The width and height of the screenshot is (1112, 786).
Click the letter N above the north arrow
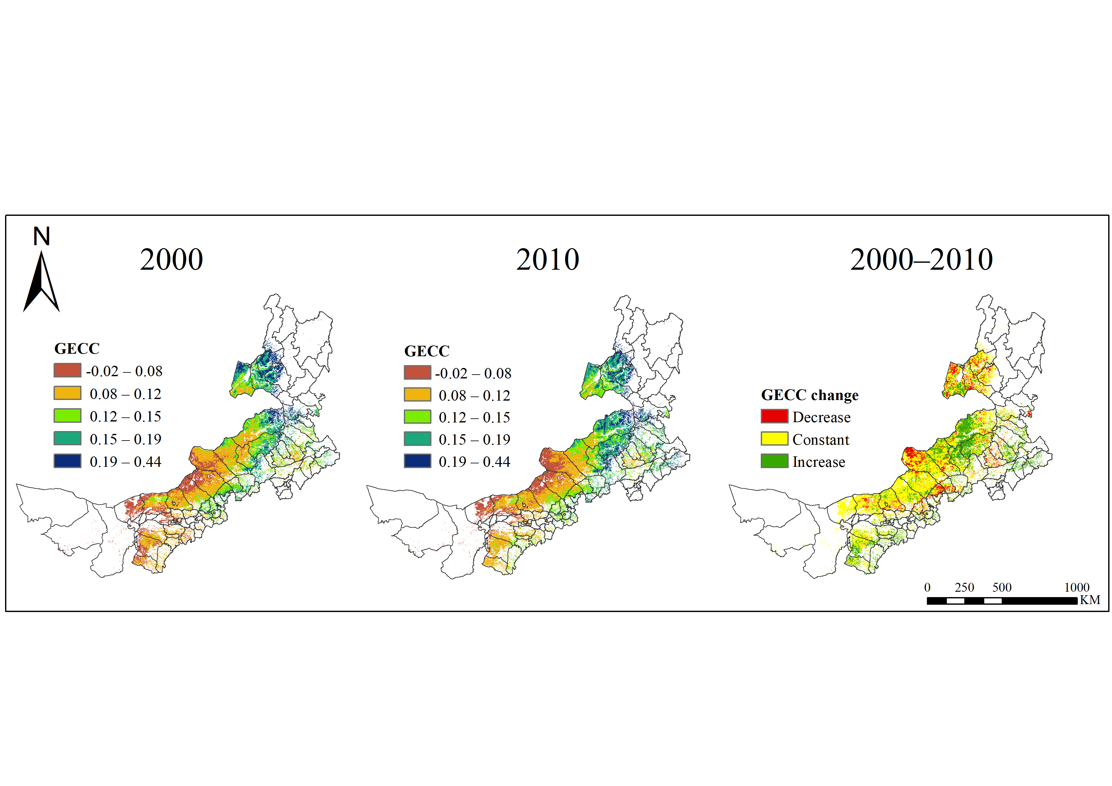42,236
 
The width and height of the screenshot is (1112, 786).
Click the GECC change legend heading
809,395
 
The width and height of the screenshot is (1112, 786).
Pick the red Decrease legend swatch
774,416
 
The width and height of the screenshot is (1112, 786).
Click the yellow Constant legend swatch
774,439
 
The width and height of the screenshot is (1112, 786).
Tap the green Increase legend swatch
774,461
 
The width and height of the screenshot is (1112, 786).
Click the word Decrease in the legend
821,417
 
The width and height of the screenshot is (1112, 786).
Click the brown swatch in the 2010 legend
417,372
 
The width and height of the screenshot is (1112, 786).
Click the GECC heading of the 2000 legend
77,349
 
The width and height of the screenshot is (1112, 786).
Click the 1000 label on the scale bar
1076,588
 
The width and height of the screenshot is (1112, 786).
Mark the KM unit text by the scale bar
1090,600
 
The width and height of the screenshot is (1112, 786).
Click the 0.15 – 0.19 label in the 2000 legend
126,439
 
